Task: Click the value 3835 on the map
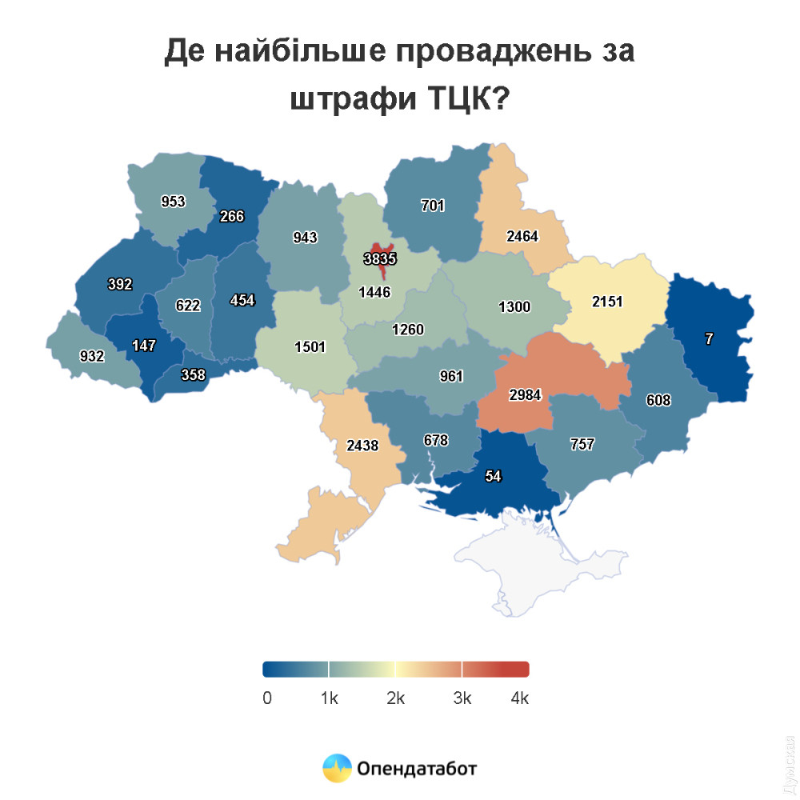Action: point(380,258)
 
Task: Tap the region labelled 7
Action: point(709,338)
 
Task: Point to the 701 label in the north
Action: point(433,205)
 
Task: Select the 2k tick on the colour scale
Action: point(396,698)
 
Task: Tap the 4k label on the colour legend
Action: point(520,698)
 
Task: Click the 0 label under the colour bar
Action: point(267,698)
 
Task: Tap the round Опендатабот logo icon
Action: point(337,768)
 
